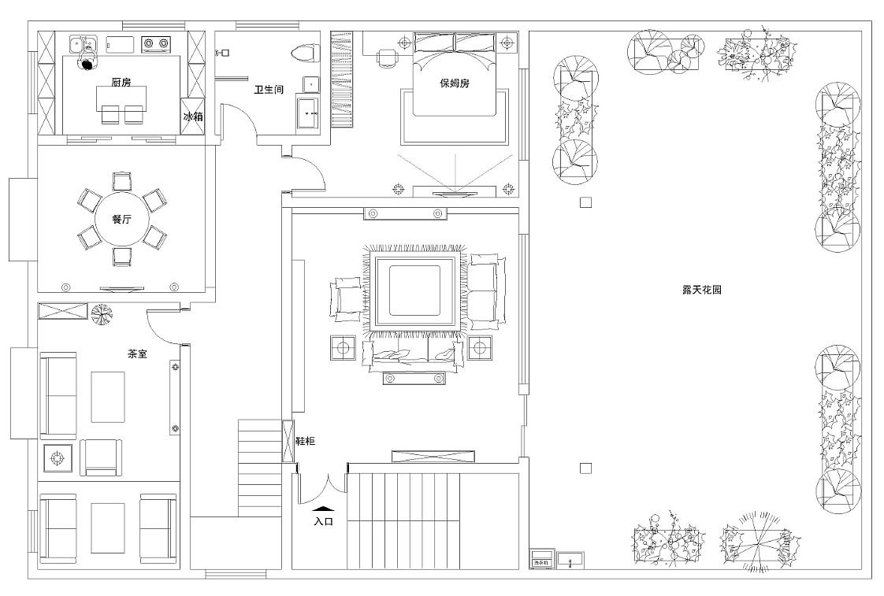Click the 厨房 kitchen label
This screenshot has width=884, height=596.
pyautogui.click(x=120, y=82)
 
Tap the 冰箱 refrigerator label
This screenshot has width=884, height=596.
pyautogui.click(x=193, y=116)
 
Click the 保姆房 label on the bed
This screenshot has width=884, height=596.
pyautogui.click(x=455, y=83)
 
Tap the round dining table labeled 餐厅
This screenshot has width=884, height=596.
pyautogui.click(x=121, y=219)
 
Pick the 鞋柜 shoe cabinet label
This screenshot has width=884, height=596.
pyautogui.click(x=305, y=442)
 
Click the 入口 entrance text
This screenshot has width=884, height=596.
pyautogui.click(x=323, y=521)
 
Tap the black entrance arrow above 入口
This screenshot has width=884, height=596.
pyautogui.click(x=323, y=510)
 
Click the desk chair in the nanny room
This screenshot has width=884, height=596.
pyautogui.click(x=387, y=57)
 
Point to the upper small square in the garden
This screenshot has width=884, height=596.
pyautogui.click(x=585, y=202)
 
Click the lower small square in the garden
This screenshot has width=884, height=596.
pyautogui.click(x=585, y=468)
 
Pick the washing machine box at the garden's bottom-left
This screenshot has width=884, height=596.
pyautogui.click(x=542, y=558)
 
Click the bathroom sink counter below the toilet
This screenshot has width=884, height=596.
pyautogui.click(x=308, y=113)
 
